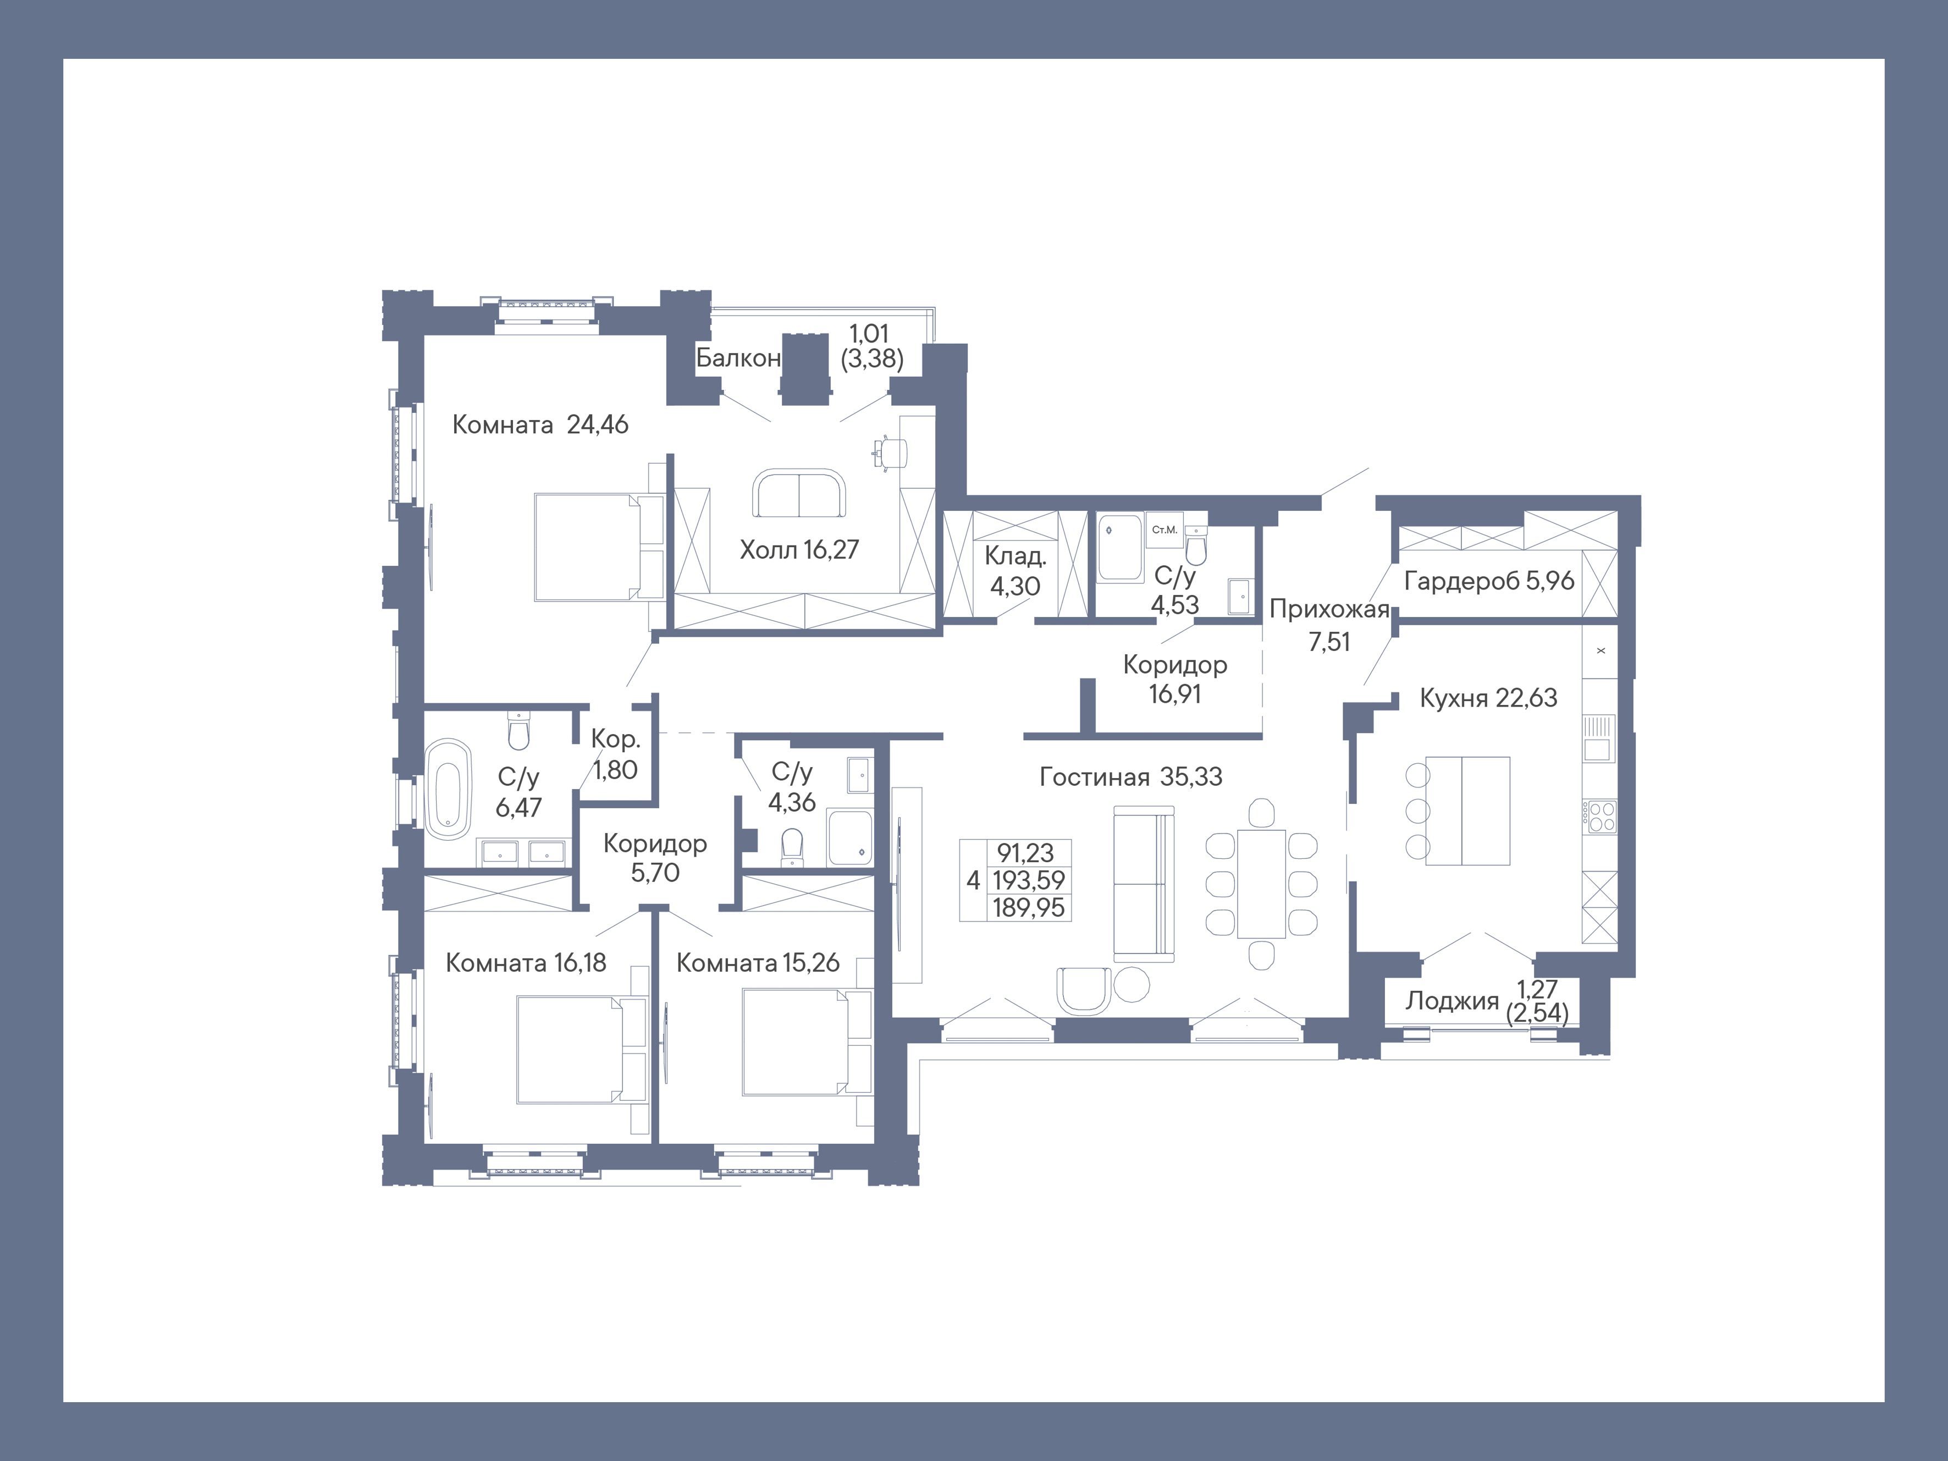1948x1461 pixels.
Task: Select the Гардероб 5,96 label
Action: pyautogui.click(x=1488, y=580)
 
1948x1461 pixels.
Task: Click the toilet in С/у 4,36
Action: pyautogui.click(x=792, y=847)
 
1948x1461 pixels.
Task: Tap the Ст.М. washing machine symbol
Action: pyautogui.click(x=1164, y=530)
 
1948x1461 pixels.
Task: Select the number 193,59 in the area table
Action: pyautogui.click(x=1028, y=880)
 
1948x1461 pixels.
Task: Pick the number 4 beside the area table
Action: pyautogui.click(x=972, y=880)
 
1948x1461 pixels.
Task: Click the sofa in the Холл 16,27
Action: pyautogui.click(x=799, y=494)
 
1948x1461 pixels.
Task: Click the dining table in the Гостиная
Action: pyautogui.click(x=1261, y=883)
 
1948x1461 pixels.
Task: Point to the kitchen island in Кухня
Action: pyautogui.click(x=1467, y=810)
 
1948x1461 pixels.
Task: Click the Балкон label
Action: pyautogui.click(x=737, y=357)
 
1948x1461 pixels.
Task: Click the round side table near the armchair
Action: pyautogui.click(x=1132, y=985)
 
